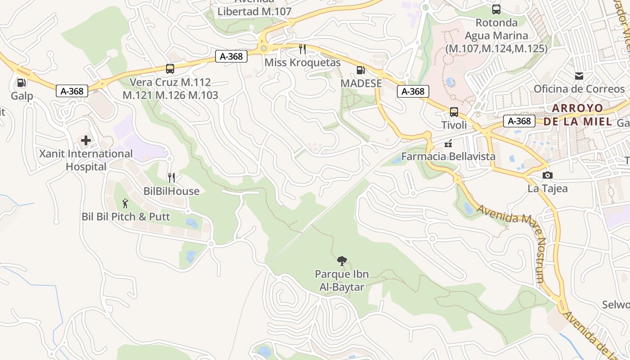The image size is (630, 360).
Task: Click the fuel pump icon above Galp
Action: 21,82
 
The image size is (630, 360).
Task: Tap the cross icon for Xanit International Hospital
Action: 85,140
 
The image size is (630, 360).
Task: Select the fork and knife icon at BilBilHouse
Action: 171,178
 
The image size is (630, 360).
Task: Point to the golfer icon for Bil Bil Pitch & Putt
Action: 125,203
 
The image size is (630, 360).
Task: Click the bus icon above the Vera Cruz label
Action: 170,69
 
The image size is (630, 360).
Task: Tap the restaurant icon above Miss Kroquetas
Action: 302,49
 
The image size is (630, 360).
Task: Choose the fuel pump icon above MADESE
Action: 360,70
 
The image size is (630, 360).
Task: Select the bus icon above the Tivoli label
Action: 454,112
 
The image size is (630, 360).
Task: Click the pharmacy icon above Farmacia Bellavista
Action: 448,144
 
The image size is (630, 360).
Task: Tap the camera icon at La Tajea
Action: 547,175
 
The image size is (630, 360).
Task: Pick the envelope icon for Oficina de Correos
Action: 579,76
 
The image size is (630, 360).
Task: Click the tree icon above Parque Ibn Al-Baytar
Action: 342,261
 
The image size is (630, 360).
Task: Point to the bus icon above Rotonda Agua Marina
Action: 496,9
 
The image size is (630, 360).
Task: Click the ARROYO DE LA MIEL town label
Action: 577,115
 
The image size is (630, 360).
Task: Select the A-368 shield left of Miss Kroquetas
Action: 231,56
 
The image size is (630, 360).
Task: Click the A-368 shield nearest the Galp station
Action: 72,91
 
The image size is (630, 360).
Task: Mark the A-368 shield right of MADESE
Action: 413,91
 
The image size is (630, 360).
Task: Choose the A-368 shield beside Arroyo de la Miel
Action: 519,121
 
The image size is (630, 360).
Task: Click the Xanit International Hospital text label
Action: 85,160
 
